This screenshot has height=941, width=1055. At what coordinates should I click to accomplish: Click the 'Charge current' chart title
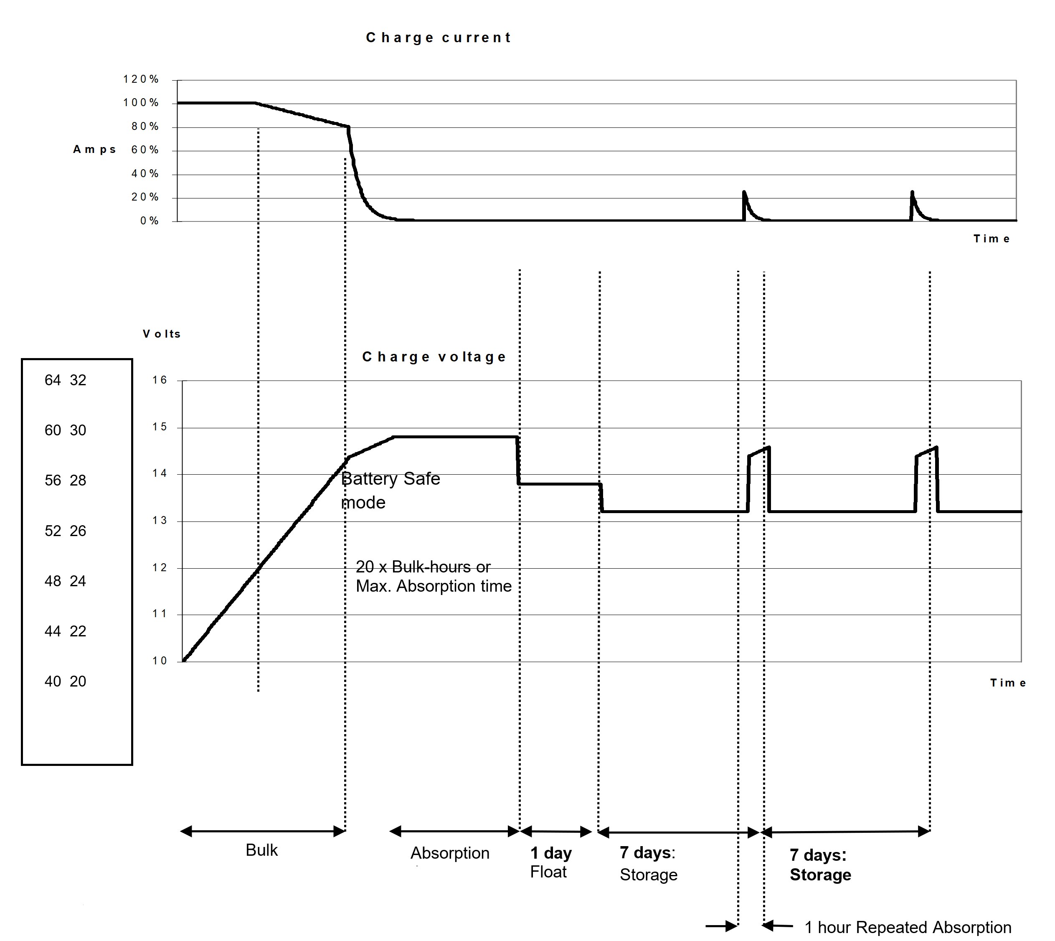pyautogui.click(x=439, y=38)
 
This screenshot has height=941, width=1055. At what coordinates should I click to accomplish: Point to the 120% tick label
pyautogui.click(x=141, y=79)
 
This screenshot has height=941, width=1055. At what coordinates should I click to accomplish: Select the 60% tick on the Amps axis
pyautogui.click(x=145, y=150)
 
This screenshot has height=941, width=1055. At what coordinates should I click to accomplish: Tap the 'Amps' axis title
pyautogui.click(x=94, y=150)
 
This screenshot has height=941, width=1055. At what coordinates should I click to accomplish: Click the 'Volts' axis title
pyautogui.click(x=162, y=334)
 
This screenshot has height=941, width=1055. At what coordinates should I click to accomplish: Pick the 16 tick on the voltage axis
pyautogui.click(x=160, y=380)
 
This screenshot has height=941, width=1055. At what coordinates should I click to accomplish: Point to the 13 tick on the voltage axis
pyautogui.click(x=160, y=520)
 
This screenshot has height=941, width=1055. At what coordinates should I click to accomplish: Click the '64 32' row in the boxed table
pyautogui.click(x=65, y=380)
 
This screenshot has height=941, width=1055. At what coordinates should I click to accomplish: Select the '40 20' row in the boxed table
pyautogui.click(x=65, y=681)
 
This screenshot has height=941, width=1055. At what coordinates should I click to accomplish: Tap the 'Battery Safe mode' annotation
pyautogui.click(x=390, y=490)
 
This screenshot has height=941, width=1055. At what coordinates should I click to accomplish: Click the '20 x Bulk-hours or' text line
pyautogui.click(x=423, y=567)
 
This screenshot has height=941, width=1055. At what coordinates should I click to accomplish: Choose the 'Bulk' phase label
pyautogui.click(x=261, y=850)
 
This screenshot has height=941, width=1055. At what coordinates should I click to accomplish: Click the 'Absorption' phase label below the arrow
pyautogui.click(x=450, y=853)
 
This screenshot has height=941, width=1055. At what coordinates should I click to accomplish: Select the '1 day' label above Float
pyautogui.click(x=551, y=853)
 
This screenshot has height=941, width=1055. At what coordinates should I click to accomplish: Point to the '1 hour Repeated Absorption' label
pyautogui.click(x=908, y=927)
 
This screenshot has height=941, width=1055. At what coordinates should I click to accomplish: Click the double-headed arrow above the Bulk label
pyautogui.click(x=263, y=832)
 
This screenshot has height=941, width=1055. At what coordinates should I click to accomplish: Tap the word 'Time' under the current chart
pyautogui.click(x=992, y=239)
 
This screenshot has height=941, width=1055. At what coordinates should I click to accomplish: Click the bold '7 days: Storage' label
pyautogui.click(x=820, y=865)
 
